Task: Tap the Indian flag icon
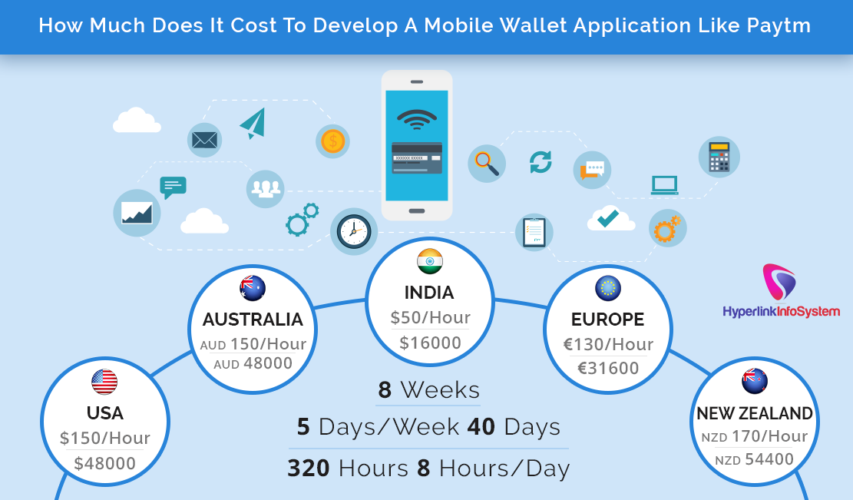point(430,262)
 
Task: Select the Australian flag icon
point(252,288)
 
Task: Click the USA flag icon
point(104,382)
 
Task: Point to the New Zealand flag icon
point(755,382)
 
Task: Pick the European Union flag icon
point(608,288)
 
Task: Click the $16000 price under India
point(430,343)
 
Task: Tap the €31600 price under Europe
point(608,369)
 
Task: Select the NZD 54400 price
point(754,460)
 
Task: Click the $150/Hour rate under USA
point(104,439)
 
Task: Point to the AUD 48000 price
point(253,363)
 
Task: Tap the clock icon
point(354,231)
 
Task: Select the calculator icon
point(719,157)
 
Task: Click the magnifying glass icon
point(486,163)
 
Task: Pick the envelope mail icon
point(205,140)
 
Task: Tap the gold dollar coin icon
point(332,141)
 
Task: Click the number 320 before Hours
point(309,468)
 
